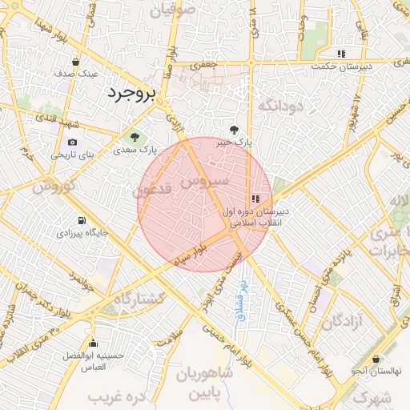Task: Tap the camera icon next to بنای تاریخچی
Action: (73, 143)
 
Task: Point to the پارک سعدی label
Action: (134, 149)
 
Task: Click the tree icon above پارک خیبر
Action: (235, 129)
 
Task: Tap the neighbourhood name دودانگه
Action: (281, 105)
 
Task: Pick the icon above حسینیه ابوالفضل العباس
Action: (94, 344)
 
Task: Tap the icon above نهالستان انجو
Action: (376, 360)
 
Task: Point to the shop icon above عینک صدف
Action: (75, 62)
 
